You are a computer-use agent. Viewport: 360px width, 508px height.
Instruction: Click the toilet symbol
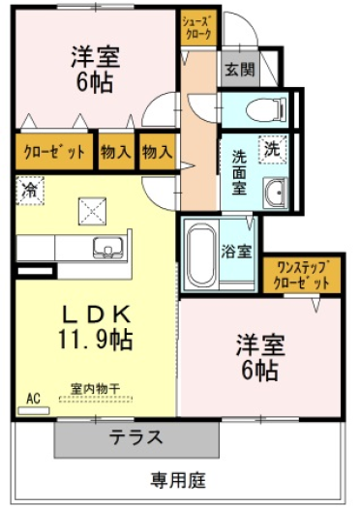(x=266, y=109)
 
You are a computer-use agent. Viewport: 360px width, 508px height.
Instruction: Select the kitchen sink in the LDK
(x=108, y=248)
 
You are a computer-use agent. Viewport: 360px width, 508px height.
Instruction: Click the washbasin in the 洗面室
(x=275, y=193)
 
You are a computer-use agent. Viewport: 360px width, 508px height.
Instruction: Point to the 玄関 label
(x=240, y=70)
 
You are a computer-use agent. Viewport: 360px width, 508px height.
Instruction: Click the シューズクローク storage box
(x=198, y=28)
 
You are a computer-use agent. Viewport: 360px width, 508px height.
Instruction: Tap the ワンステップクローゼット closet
(x=302, y=275)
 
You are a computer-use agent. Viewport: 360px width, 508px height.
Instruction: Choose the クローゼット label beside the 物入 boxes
(x=54, y=152)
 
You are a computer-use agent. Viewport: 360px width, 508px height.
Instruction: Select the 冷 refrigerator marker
(x=30, y=191)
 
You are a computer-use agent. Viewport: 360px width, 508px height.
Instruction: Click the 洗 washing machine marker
(x=273, y=149)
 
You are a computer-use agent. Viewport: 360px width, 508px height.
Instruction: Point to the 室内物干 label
(x=96, y=388)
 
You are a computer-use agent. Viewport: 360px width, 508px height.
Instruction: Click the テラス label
(x=135, y=437)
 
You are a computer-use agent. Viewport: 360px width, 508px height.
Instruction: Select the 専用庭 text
(x=177, y=480)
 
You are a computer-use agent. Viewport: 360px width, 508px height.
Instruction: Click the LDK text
(x=96, y=314)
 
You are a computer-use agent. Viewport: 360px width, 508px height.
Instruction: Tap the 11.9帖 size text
(x=95, y=340)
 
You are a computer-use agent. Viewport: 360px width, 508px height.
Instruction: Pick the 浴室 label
(x=236, y=252)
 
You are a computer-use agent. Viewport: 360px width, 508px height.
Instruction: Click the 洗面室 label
(x=239, y=172)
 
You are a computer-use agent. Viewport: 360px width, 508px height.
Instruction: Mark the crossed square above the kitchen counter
(x=92, y=211)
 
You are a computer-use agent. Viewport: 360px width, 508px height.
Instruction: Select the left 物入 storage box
(x=116, y=152)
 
